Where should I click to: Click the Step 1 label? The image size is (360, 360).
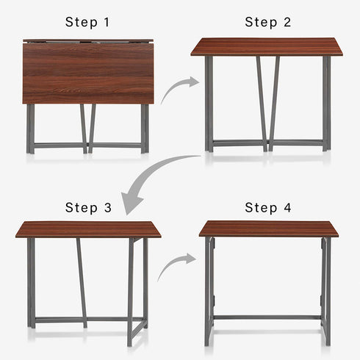(87, 22)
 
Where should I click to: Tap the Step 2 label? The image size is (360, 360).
(267, 22)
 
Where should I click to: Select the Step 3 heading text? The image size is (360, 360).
(87, 208)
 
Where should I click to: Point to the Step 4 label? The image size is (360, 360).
(267, 208)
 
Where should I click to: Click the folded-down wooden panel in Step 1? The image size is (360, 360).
(88, 73)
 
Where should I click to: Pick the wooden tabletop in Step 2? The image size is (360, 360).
(267, 48)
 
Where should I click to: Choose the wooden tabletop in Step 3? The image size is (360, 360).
(87, 229)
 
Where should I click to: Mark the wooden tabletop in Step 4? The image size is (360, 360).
(268, 228)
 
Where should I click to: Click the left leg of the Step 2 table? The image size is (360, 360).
(209, 103)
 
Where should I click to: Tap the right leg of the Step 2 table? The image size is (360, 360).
(326, 103)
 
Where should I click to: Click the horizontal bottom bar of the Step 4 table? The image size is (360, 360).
(268, 317)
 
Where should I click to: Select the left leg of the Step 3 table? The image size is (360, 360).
(31, 283)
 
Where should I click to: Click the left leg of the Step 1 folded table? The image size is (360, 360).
(30, 129)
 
